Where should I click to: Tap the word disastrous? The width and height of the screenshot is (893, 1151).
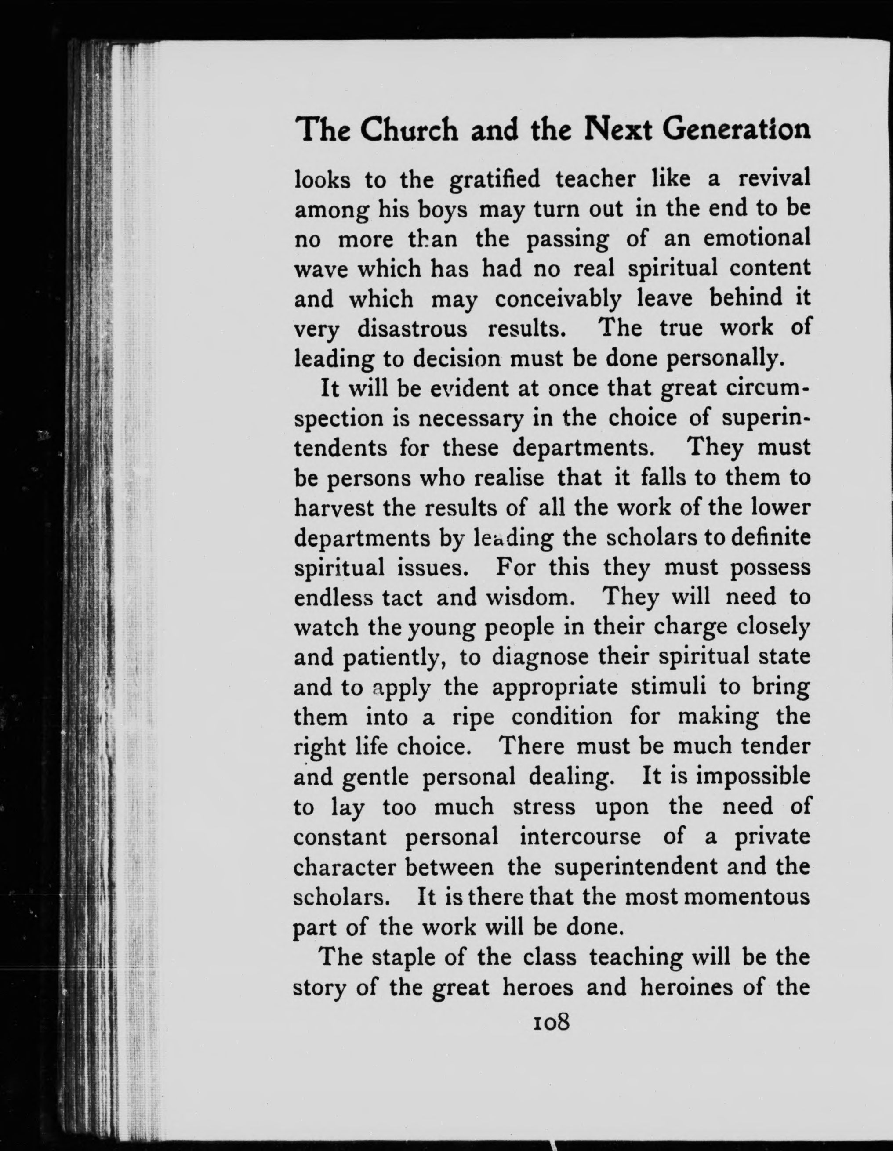point(413,329)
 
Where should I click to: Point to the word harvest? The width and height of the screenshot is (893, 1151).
point(333,509)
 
